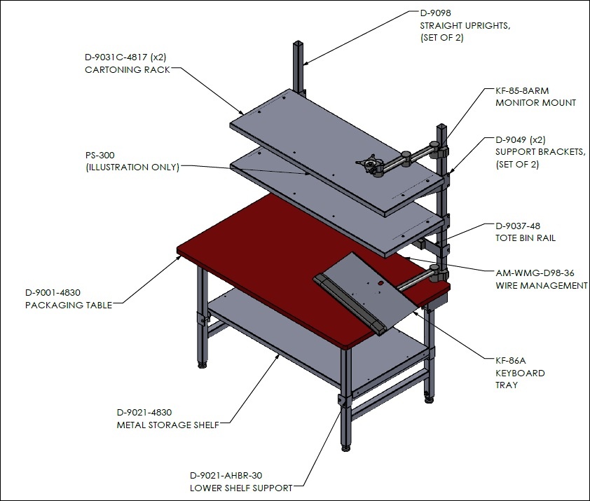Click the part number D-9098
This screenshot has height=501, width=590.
coord(435,13)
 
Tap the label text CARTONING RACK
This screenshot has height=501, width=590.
coord(128,69)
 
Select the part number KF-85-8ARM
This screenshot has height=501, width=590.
coord(522,90)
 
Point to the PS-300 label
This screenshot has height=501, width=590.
coord(100,155)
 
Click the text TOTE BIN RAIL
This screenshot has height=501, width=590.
coord(526,238)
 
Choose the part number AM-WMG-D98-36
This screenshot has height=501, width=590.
coord(535,273)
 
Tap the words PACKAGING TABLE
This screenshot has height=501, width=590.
coord(69,305)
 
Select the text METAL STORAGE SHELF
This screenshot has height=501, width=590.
coord(167,425)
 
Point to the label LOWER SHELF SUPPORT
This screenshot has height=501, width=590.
coord(241,488)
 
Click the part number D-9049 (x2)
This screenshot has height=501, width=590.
coord(521,140)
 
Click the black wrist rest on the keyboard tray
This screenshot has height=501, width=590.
coord(350,304)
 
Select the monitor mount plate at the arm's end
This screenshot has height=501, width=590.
coord(369,164)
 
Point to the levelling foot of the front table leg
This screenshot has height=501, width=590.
coord(345,448)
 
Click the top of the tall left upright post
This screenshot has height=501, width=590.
coord(299,43)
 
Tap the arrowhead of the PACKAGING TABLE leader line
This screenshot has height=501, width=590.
coord(179,257)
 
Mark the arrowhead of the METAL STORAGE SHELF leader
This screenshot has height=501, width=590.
coord(278,356)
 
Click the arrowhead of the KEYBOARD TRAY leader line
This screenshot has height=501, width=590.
coord(416,313)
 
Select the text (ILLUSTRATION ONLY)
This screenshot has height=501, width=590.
coord(132,167)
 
